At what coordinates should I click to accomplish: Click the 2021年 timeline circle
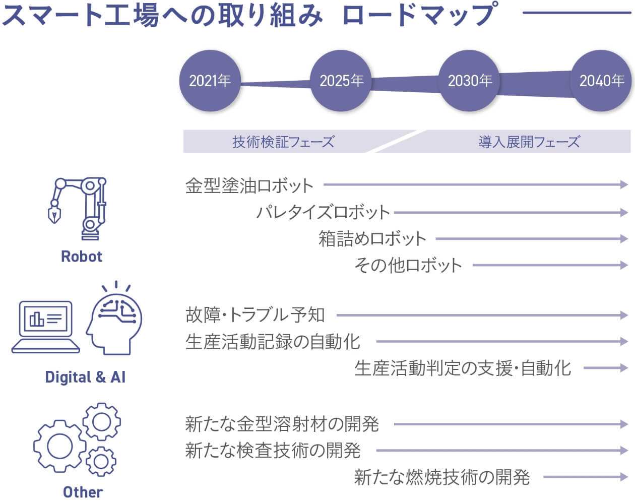pos(210,81)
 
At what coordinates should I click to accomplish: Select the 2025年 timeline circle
pos(341,81)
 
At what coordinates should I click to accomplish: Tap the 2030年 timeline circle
pos(470,81)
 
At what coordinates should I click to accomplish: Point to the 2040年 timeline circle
pos(601,81)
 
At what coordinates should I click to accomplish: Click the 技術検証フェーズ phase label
pos(283,142)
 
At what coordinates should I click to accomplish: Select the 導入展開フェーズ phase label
pos(529,142)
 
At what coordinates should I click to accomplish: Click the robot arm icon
pos(77,209)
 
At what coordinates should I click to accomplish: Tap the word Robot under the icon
pos(82,256)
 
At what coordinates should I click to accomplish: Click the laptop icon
pos(45,327)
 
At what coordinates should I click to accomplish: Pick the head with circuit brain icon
pos(114,318)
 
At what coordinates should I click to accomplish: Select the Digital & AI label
pos(85,377)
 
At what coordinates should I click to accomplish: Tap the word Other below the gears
pos(83,492)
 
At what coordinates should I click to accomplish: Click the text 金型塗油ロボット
pos(249,185)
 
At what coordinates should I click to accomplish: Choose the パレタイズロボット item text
pos(323,212)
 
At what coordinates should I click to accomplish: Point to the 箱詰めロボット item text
pos(372,238)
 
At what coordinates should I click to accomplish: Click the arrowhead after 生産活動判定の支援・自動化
pos(624,368)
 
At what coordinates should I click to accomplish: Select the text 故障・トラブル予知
pos(255,315)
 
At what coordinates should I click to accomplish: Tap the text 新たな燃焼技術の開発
pos(442,477)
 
